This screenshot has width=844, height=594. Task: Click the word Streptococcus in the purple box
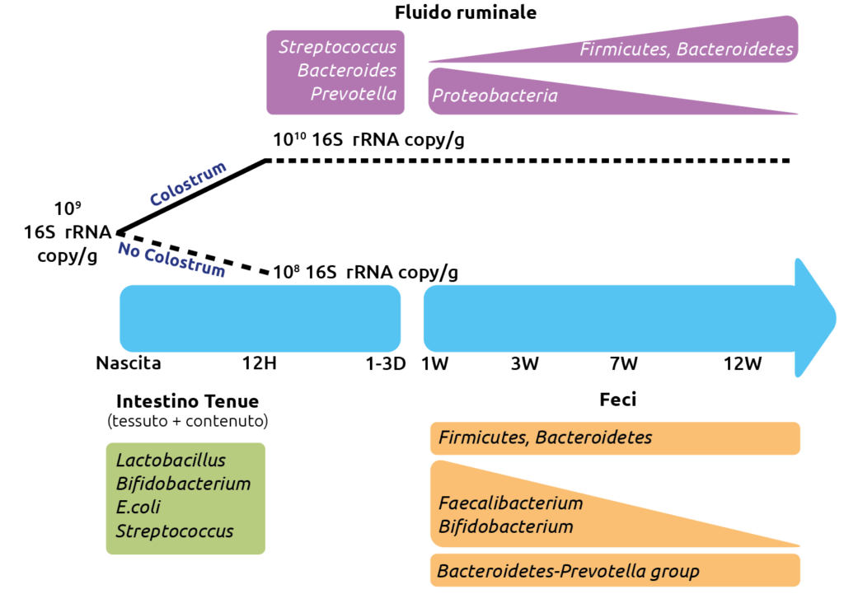point(337,47)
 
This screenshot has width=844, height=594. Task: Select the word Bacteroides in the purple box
point(346,71)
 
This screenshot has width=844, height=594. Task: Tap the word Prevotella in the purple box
point(353,94)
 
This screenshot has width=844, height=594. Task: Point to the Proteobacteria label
point(495,96)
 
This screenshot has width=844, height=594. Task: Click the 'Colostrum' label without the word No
point(189,185)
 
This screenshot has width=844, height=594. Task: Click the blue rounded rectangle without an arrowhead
point(260,318)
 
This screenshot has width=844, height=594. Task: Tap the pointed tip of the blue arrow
point(834,318)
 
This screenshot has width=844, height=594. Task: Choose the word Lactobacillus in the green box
point(171,461)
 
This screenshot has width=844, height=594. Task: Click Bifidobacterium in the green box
point(183,484)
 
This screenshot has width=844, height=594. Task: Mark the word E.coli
point(138,507)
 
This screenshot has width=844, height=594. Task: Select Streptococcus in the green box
point(175,531)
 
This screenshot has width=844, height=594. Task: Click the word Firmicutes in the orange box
point(482,437)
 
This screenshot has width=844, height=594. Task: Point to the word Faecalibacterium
point(510,503)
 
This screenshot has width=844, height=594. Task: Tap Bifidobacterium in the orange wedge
point(505,526)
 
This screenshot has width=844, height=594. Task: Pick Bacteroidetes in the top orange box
point(593,437)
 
